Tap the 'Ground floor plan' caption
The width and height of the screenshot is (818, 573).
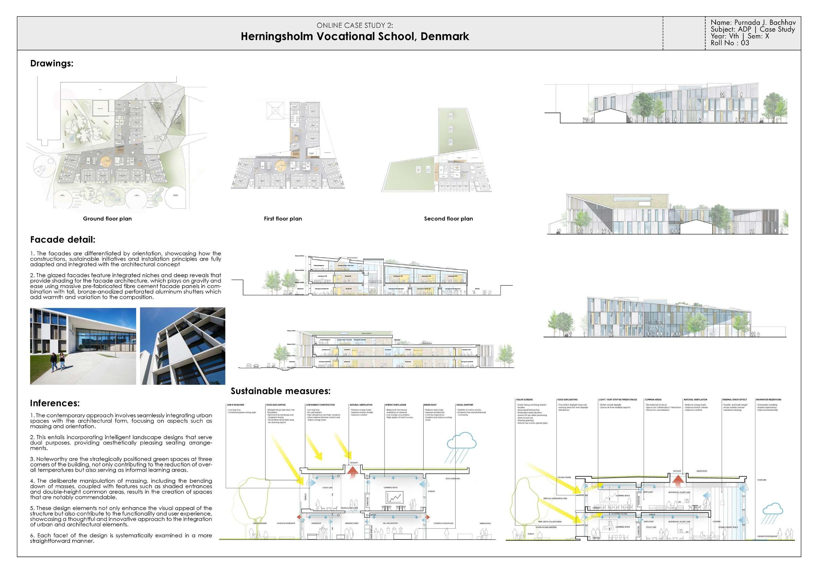tap(107, 219)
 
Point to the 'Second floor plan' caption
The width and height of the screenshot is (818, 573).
tap(448, 219)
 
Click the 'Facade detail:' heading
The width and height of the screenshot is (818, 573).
tap(63, 240)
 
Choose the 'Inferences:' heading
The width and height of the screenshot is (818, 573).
tap(54, 403)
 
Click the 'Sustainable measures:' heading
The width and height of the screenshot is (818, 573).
tap(281, 391)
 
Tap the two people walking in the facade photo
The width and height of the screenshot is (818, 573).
tap(58, 362)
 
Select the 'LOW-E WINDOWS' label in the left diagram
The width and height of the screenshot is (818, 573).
tap(235, 405)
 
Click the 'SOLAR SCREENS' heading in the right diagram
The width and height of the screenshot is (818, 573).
tap(524, 400)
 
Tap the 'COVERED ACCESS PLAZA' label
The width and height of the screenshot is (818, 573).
tap(443, 523)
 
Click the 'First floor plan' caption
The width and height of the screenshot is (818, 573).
tap(283, 219)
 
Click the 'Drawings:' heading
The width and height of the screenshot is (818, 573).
tap(52, 64)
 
